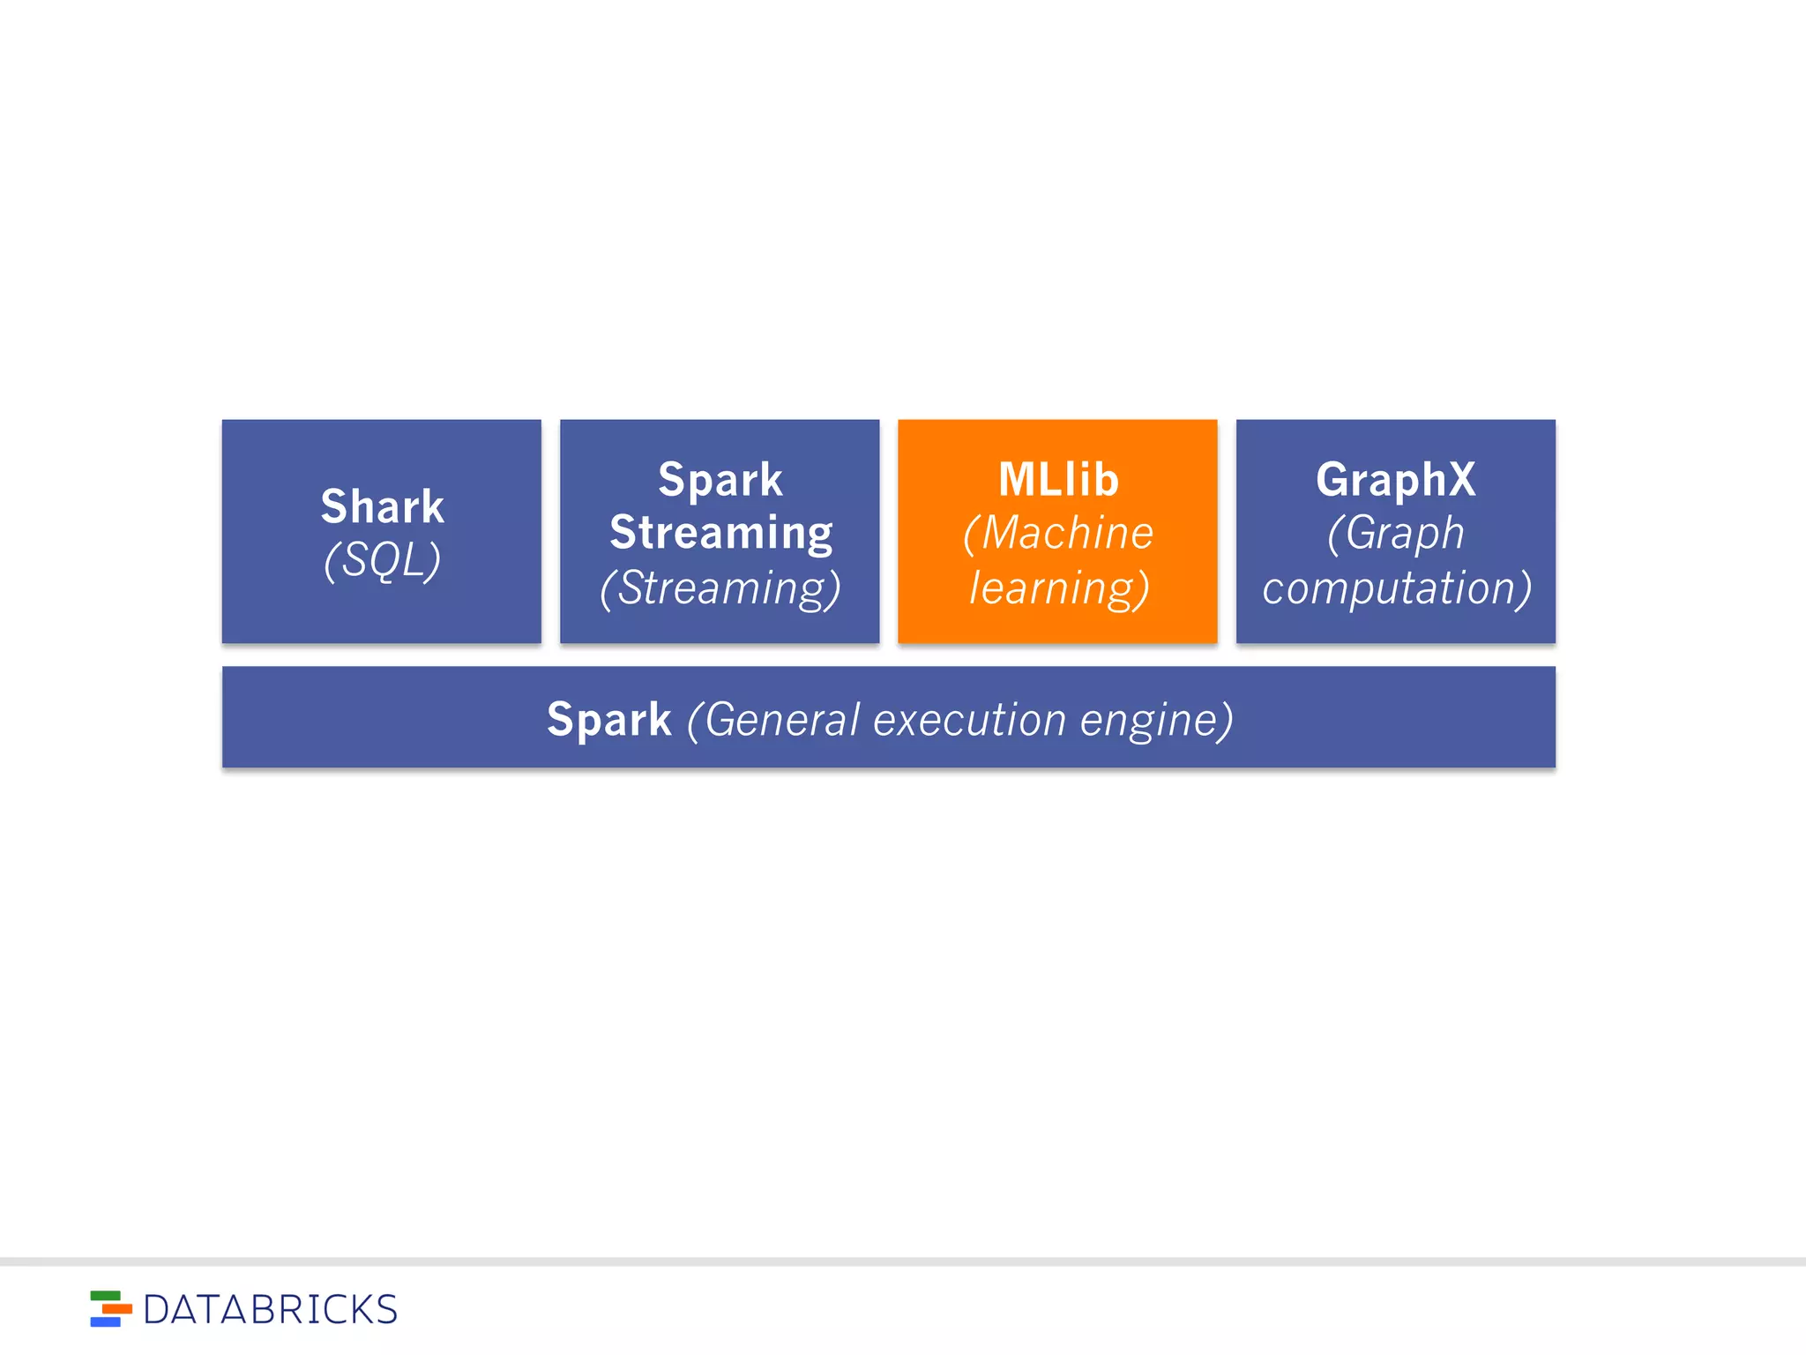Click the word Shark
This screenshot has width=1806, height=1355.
(x=382, y=506)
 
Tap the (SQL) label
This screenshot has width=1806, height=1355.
(x=382, y=560)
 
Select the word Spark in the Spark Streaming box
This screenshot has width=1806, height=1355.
(x=720, y=480)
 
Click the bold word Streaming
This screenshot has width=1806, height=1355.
(x=720, y=533)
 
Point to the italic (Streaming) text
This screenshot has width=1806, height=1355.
(x=720, y=588)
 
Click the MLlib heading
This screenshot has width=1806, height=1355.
(x=1058, y=480)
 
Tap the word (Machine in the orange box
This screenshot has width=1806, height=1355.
(x=1058, y=533)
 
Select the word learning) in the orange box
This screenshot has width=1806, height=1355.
(x=1058, y=588)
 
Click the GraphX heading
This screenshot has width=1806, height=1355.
(x=1395, y=480)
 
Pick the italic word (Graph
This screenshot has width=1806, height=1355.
(x=1395, y=533)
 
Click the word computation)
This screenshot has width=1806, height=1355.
(x=1395, y=588)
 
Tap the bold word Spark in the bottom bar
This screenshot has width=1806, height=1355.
(x=608, y=719)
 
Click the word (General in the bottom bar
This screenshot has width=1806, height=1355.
(x=772, y=719)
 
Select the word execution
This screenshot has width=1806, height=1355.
(x=970, y=719)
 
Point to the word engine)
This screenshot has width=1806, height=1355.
(x=1155, y=719)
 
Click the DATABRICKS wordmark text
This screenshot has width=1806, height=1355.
(x=270, y=1310)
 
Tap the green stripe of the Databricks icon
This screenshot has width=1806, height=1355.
(x=105, y=1296)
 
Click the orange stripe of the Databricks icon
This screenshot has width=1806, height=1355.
(x=116, y=1309)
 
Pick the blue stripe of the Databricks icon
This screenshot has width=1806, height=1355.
(x=105, y=1321)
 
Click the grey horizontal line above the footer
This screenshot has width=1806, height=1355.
(x=903, y=1261)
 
